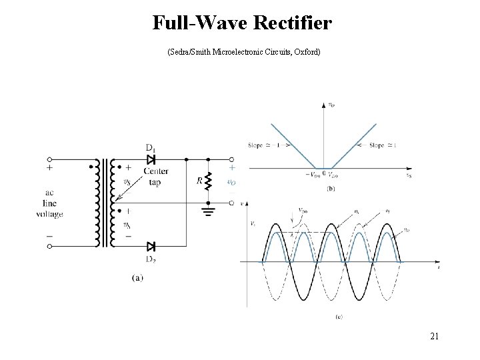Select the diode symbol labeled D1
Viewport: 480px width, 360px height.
tap(151, 160)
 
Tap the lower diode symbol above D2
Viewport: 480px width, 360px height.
tap(151, 246)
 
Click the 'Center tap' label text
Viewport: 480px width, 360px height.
tap(155, 175)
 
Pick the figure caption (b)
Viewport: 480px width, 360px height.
tap(331, 189)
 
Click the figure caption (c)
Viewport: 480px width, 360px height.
tap(339, 317)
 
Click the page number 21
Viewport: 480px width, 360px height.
tap(434, 336)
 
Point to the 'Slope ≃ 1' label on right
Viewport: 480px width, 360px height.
tap(381, 145)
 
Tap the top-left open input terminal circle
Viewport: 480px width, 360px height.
tap(50, 160)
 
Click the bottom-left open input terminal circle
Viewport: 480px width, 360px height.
tap(50, 246)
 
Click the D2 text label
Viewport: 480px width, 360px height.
tap(151, 259)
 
